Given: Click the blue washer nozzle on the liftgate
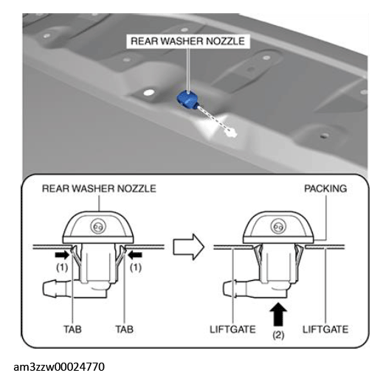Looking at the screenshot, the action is pos(187,100).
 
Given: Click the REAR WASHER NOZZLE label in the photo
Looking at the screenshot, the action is pos(187,41).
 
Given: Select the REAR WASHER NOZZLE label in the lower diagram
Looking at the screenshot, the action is pos(99,189).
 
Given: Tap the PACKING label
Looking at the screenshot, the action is pos(325,189).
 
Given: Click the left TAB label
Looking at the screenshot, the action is pos(72,329).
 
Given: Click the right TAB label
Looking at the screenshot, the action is pos(125,329).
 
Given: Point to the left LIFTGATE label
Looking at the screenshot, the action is pos(232,329).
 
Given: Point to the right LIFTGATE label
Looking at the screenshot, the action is pos(325,329).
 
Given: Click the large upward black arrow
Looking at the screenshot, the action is pos(278,314).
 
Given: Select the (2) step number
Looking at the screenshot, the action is pos(278,335).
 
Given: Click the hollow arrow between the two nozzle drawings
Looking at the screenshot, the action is pos(189,247).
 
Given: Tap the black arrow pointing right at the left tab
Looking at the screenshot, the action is pos(62,255).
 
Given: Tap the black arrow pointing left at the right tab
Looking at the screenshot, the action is pos(135,255).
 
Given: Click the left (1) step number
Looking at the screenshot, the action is pos(62,268).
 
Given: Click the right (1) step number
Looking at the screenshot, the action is pos(136,268).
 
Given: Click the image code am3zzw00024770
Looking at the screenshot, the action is pos(59,367).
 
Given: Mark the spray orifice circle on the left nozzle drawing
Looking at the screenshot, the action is pos(98,226).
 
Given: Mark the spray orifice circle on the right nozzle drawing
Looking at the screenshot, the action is pos(278,226).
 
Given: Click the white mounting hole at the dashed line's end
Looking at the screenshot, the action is pos(231,133).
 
